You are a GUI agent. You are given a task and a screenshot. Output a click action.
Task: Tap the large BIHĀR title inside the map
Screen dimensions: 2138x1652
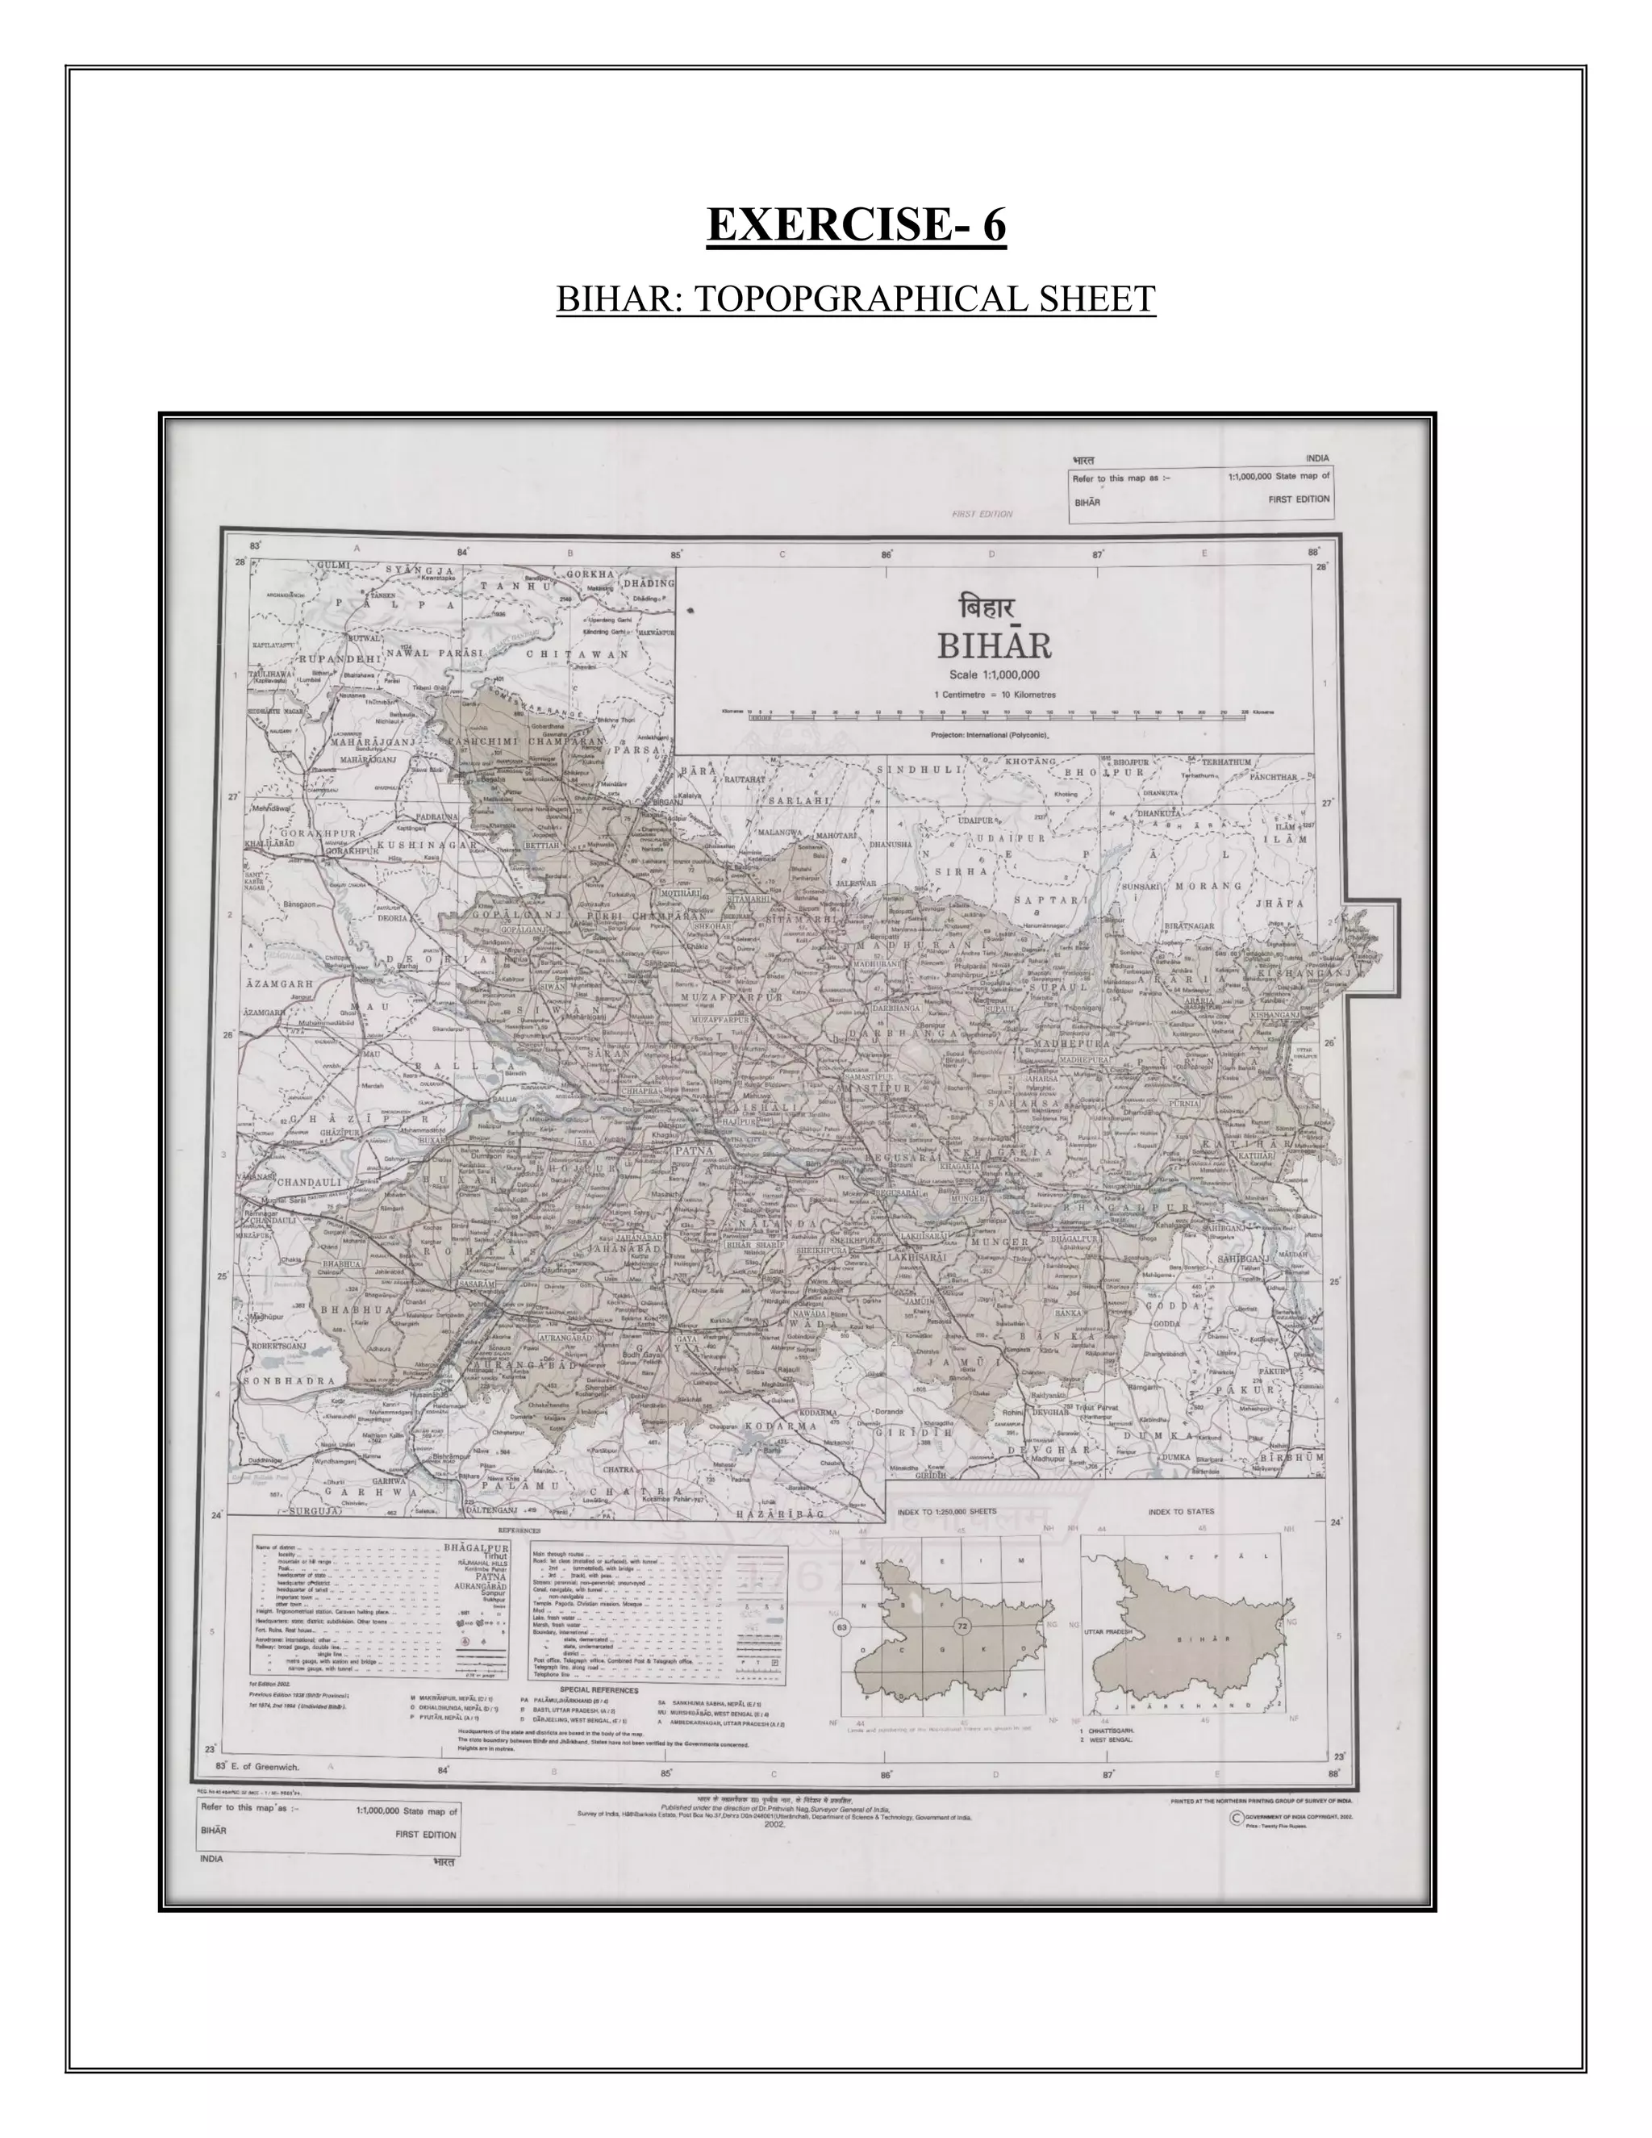click(x=995, y=646)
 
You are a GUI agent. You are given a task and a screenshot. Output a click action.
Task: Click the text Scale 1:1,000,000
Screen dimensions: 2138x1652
click(x=995, y=674)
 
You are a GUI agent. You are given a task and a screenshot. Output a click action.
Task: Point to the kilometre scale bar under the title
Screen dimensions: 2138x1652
click(x=995, y=716)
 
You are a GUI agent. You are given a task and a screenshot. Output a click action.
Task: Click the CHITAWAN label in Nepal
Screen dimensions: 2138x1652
click(x=577, y=654)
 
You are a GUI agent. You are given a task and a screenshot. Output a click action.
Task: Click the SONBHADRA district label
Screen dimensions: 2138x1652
click(x=289, y=1381)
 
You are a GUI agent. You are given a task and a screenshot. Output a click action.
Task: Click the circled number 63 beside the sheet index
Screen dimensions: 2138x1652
click(x=841, y=1627)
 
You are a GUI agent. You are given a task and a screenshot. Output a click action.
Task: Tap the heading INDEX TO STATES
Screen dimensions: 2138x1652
click(x=1180, y=1511)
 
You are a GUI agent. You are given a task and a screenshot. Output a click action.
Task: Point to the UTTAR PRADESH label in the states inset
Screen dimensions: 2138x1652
click(x=1108, y=1632)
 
